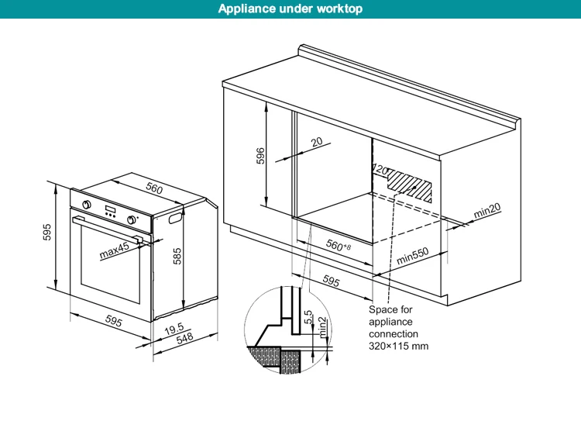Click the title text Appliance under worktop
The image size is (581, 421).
click(x=290, y=9)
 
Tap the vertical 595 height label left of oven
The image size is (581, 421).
click(x=47, y=233)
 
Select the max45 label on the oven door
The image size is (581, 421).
click(x=113, y=251)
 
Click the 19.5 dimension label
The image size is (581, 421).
click(x=175, y=328)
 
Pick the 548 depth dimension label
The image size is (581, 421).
click(x=184, y=339)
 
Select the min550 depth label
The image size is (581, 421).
click(x=412, y=257)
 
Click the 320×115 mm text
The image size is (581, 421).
click(x=398, y=346)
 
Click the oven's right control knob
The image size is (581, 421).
click(x=134, y=220)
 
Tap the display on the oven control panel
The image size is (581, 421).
click(x=110, y=212)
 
